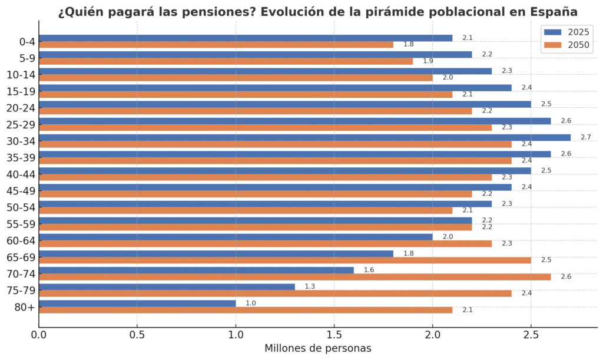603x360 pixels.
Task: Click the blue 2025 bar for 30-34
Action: point(304,137)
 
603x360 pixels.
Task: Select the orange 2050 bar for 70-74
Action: point(294,276)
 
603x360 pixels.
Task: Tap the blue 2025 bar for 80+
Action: point(137,303)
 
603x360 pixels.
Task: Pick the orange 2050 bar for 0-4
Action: point(216,44)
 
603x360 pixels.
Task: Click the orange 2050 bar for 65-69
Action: point(285,260)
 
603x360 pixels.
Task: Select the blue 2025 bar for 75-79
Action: point(167,286)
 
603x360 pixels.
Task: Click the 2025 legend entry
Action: point(566,32)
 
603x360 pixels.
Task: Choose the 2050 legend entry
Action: point(566,45)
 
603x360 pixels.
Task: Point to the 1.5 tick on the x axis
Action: point(334,335)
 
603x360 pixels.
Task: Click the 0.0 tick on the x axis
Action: point(39,335)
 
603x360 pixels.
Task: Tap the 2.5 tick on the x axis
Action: point(531,335)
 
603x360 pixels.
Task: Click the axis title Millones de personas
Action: point(318,348)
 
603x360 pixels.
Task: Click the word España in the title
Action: point(554,12)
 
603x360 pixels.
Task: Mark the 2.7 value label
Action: point(585,137)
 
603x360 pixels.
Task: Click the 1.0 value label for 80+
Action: point(250,303)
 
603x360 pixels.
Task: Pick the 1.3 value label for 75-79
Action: point(310,286)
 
